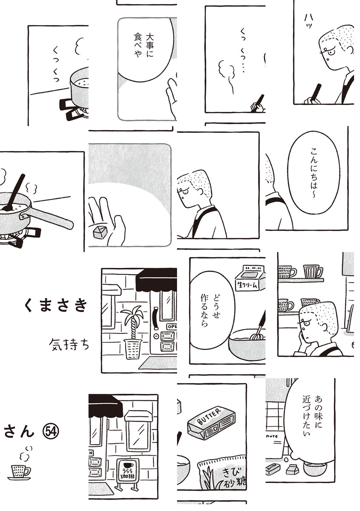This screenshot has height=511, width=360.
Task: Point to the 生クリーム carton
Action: [250, 278]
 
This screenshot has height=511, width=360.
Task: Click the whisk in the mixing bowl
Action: [259, 326]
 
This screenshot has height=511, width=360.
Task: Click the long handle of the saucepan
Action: [48, 218]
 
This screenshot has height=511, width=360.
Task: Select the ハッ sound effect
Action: [308, 21]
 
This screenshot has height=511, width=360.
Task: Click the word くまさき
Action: [56, 305]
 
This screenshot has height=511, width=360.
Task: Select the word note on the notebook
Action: [272, 436]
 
